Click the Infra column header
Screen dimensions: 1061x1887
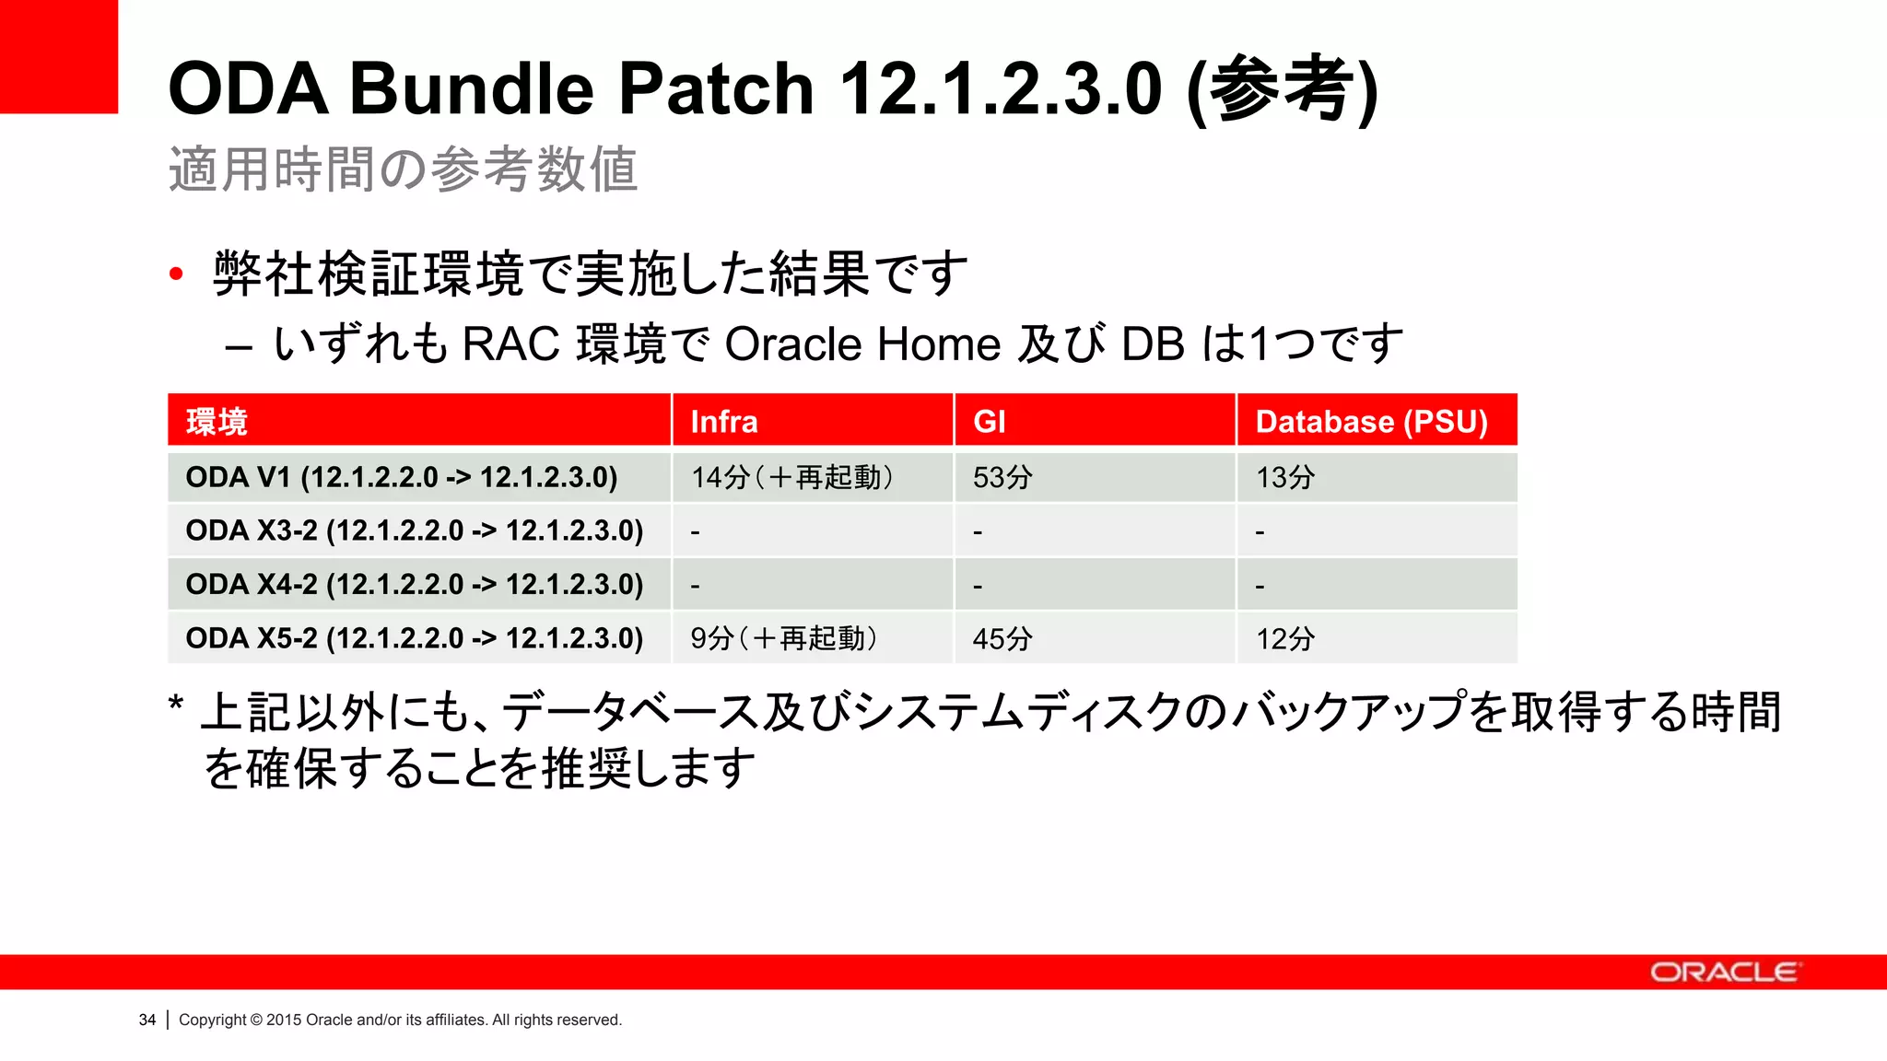tap(724, 422)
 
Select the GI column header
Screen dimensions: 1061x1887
tap(990, 422)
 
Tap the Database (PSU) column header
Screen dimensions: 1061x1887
tap(1371, 422)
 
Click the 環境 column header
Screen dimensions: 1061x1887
tap(217, 422)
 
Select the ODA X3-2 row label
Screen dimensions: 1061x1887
tap(414, 530)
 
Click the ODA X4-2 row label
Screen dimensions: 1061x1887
tap(414, 584)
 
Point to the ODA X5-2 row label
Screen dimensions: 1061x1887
tap(414, 637)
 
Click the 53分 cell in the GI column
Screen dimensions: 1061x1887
tap(1002, 477)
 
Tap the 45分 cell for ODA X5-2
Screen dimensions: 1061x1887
tap(1002, 638)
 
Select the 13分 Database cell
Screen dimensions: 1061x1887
tap(1285, 477)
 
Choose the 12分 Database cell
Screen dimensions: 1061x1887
tap(1285, 638)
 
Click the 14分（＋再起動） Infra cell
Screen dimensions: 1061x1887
tap(792, 477)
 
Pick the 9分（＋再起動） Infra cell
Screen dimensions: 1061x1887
tap(784, 638)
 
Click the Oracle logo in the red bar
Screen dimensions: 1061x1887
tap(1723, 973)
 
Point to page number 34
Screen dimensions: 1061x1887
tap(147, 1020)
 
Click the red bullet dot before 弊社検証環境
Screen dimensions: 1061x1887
tap(177, 274)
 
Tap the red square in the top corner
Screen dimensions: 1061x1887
tap(59, 55)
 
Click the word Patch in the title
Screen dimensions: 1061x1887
tap(716, 88)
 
